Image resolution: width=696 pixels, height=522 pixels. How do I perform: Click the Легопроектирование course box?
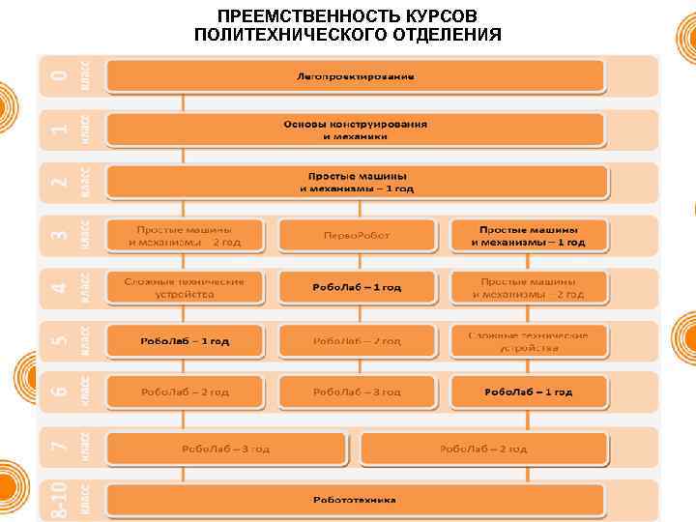coord(355,75)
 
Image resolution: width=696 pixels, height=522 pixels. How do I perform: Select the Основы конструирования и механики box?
coord(355,130)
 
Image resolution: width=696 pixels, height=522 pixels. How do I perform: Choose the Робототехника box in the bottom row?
coord(355,500)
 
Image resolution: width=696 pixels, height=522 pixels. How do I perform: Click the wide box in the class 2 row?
coord(357,183)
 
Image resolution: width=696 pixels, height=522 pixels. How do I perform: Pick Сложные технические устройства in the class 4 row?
coord(184,287)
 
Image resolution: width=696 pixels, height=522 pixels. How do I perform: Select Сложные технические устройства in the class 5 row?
coord(528,340)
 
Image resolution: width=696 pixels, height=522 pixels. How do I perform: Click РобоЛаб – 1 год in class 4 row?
coord(356,287)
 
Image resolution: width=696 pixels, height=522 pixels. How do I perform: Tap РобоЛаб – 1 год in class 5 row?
coord(184,340)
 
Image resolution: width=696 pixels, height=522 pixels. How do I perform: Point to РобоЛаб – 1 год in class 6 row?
coord(528,391)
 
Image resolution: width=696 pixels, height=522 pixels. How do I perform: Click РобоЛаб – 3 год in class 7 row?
coord(226,449)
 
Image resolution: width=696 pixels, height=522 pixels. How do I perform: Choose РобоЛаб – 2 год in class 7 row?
coord(483,449)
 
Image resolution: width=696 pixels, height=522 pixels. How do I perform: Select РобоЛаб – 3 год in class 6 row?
coord(356,391)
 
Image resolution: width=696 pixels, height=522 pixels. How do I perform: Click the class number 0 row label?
coord(60,74)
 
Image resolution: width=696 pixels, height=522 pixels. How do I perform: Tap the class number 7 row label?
coord(60,447)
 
